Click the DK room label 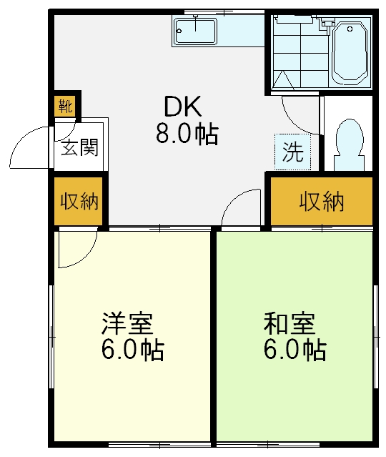point(184,107)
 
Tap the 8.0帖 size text point(187,134)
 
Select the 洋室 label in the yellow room point(127,325)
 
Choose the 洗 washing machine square point(294,152)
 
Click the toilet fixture point(349,142)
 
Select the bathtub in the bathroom point(350,52)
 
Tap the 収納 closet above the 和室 point(321,202)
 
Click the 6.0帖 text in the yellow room point(132,351)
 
